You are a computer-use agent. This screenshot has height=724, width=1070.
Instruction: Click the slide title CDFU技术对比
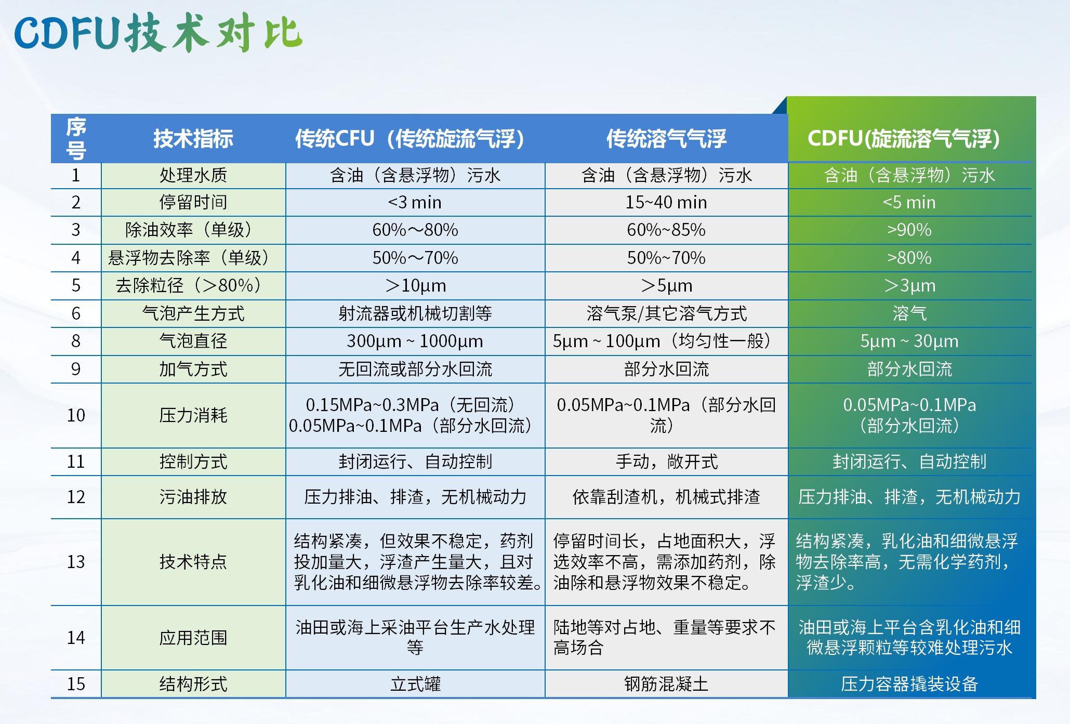[x=158, y=33]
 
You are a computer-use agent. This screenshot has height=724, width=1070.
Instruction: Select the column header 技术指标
[x=193, y=139]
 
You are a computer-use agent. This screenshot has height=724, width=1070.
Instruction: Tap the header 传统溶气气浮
[x=666, y=139]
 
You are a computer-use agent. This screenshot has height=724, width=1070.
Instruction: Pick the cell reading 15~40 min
[x=666, y=202]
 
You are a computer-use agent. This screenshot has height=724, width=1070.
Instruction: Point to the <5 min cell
[x=909, y=202]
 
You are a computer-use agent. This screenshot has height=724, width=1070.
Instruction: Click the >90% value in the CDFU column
[x=909, y=230]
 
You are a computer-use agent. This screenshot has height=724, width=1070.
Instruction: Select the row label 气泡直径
[x=193, y=341]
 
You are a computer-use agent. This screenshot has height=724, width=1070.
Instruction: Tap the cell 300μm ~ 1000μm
[x=415, y=341]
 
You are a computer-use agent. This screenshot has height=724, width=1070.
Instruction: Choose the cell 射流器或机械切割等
[x=415, y=313]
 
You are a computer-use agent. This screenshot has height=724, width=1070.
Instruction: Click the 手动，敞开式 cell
[x=666, y=462]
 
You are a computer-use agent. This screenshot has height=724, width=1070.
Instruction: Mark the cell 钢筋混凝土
[x=666, y=683]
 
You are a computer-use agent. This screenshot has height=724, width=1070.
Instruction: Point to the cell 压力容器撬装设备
[x=909, y=683]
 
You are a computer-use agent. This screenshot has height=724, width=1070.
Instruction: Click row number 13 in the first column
[x=76, y=562]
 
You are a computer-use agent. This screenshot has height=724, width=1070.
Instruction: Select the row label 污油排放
[x=193, y=497]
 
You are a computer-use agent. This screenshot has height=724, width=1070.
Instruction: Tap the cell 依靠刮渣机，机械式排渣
[x=666, y=497]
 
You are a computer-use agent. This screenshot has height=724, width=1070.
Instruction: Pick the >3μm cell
[x=909, y=285]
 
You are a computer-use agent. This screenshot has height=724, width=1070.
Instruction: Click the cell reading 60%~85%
[x=666, y=230]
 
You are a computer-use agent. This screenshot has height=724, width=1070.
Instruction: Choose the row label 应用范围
[x=193, y=638]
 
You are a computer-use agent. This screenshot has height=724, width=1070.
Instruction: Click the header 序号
[x=76, y=139]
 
